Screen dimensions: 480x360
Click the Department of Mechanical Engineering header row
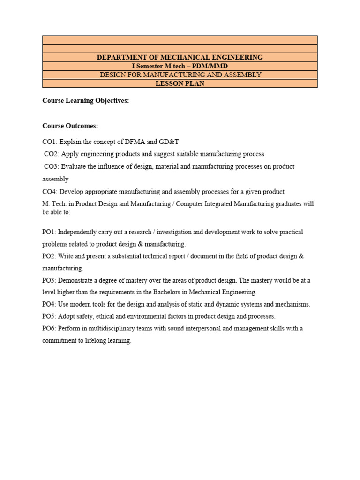(x=180, y=57)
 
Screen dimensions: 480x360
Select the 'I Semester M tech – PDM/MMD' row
(x=180, y=66)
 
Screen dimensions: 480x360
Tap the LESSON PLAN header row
(x=180, y=83)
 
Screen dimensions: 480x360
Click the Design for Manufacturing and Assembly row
(x=180, y=75)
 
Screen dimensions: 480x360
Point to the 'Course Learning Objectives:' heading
(x=85, y=101)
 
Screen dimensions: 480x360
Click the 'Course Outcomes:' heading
(x=70, y=126)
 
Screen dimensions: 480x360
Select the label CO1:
(x=50, y=142)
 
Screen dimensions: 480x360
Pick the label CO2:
(x=52, y=154)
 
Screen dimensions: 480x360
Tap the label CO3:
(x=52, y=166)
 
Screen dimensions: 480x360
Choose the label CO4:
(x=50, y=192)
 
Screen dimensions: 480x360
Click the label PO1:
(x=49, y=232)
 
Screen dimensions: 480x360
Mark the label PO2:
(x=49, y=256)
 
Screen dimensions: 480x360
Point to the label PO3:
(x=49, y=280)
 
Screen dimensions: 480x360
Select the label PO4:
(x=49, y=304)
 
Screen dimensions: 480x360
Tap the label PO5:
(x=49, y=316)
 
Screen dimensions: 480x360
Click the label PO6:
(x=49, y=329)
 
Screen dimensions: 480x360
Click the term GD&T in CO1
(x=169, y=142)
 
